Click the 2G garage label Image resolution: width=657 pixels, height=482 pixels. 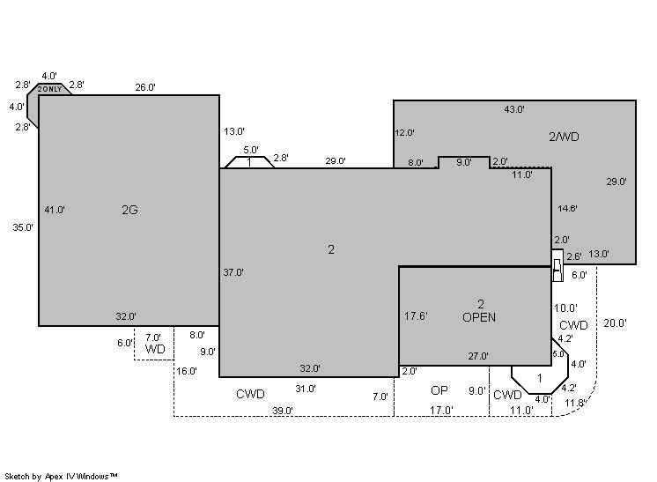click(129, 210)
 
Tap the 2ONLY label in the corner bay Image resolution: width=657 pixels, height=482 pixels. click(49, 89)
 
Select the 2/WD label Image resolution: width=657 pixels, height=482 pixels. click(564, 137)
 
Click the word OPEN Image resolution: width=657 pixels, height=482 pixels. click(479, 317)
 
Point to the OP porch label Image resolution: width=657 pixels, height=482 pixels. click(439, 390)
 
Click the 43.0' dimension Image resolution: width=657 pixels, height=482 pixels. click(514, 109)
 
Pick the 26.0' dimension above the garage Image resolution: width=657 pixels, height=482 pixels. click(145, 87)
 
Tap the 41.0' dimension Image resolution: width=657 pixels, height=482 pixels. click(55, 210)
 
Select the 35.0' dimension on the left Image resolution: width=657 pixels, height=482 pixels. click(23, 227)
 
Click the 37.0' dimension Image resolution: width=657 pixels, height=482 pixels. click(233, 272)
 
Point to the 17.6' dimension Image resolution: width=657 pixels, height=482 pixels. click(416, 316)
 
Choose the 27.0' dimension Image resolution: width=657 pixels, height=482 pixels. click(478, 356)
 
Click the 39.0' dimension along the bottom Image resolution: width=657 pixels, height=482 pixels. click(283, 411)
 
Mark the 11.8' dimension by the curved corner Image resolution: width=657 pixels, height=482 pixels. click(574, 404)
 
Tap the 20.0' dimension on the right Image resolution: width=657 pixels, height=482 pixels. click(615, 323)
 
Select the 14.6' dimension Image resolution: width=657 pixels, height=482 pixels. click(567, 208)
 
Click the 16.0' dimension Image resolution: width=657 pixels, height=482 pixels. click(187, 371)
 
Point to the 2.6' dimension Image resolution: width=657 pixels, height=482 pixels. click(574, 256)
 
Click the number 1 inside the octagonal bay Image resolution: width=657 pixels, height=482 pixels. click(540, 379)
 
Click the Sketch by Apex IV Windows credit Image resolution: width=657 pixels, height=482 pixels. click(61, 477)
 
